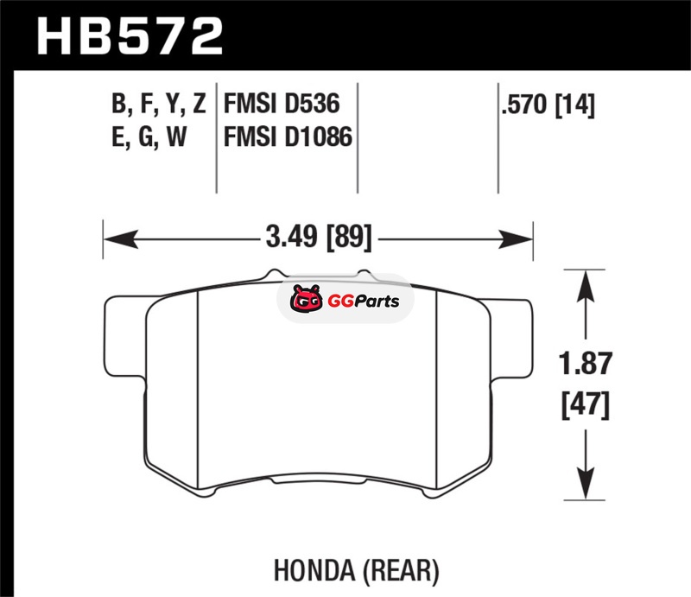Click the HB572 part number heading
point(130,36)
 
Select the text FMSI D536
point(282,104)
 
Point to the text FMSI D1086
point(288,137)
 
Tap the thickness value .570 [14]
point(548,105)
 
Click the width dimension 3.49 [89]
point(319,237)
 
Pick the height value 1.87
point(586,364)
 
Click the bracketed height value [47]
point(586,404)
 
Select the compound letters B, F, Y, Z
point(159,105)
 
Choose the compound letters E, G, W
point(149,137)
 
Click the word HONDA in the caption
point(314,570)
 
